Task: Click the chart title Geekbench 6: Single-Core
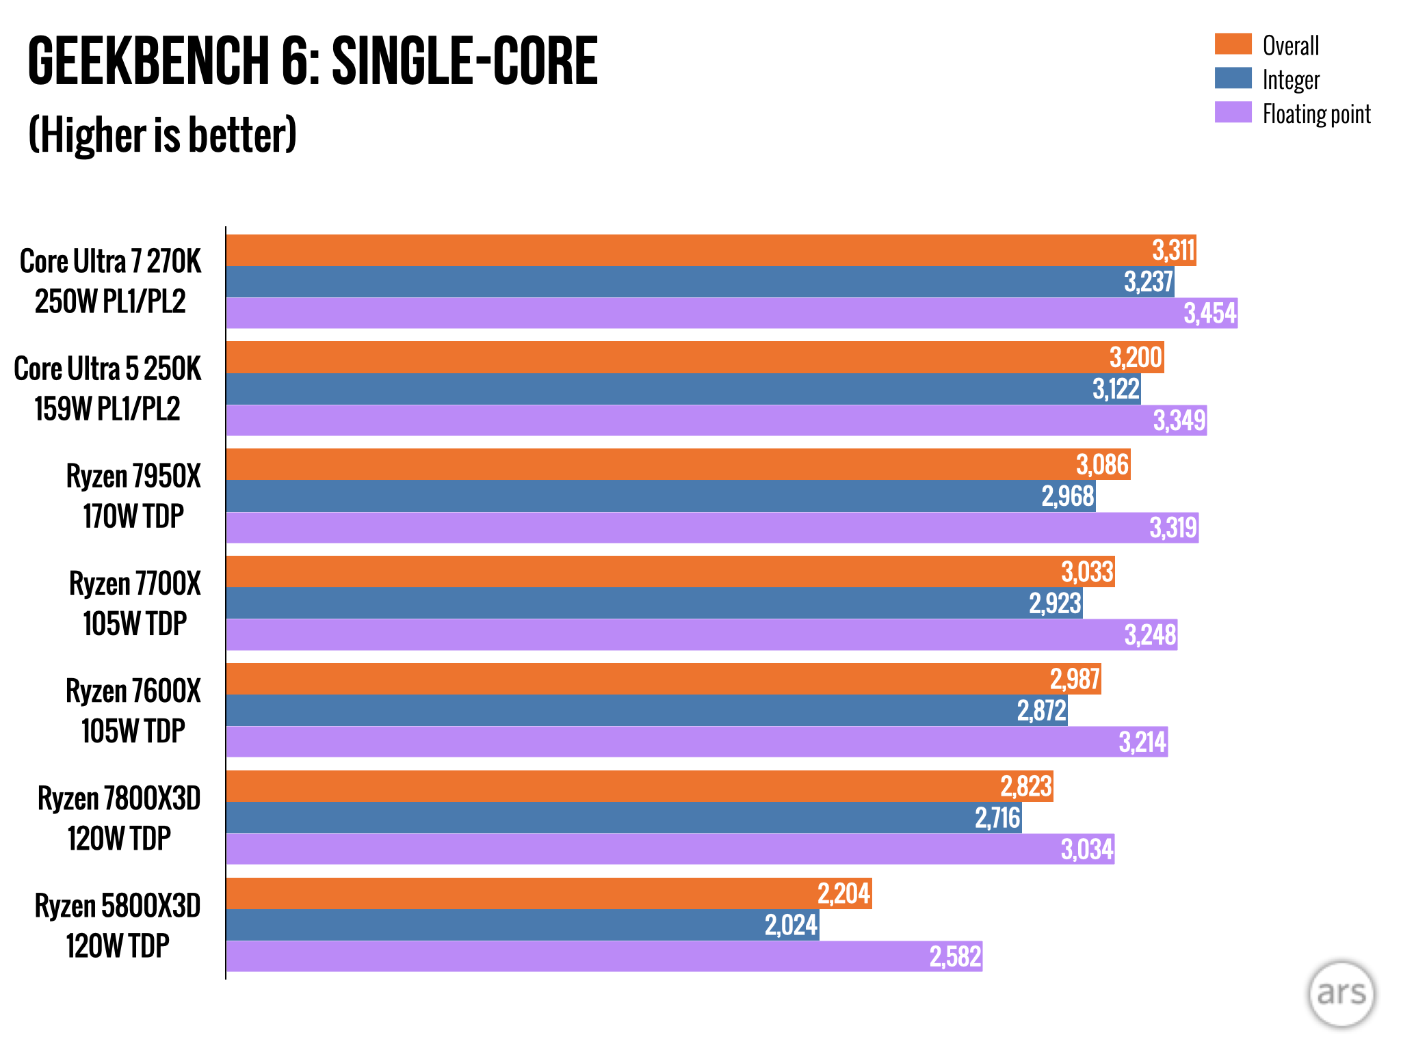click(313, 62)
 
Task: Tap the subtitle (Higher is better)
click(163, 135)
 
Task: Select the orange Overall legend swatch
click(1233, 44)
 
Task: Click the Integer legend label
click(1290, 80)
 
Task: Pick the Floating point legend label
click(1316, 114)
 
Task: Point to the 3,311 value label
click(1173, 250)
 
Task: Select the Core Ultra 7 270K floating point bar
click(684, 313)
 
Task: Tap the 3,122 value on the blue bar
click(1116, 389)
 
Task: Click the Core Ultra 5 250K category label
click(108, 388)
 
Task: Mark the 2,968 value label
click(1068, 496)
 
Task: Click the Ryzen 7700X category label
click(135, 603)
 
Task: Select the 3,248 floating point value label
click(1151, 635)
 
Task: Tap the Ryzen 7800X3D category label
click(119, 818)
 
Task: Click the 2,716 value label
click(997, 818)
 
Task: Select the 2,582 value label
click(955, 956)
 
